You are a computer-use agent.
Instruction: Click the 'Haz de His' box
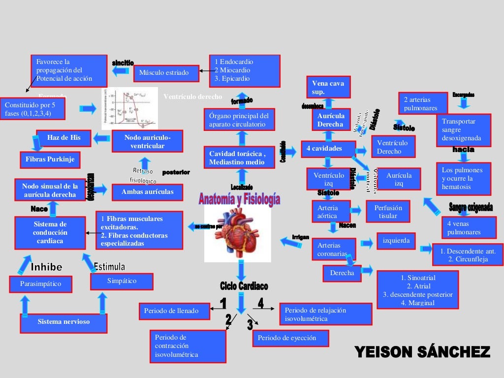64,138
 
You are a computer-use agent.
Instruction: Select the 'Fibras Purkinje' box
50,159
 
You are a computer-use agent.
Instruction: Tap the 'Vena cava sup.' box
328,88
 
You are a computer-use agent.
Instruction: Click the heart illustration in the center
238,234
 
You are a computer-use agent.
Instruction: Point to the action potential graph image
129,108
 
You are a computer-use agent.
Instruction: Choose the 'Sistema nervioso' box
63,322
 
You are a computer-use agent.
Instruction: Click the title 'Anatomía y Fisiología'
240,199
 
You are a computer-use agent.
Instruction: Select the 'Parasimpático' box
41,284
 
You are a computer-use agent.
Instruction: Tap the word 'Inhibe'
47,267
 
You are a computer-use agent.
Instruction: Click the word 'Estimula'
109,266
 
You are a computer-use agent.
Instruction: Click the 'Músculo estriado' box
166,73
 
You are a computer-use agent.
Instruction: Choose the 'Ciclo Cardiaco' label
244,286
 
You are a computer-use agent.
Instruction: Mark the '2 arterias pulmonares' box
423,103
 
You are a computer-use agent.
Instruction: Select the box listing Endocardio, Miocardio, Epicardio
245,70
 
